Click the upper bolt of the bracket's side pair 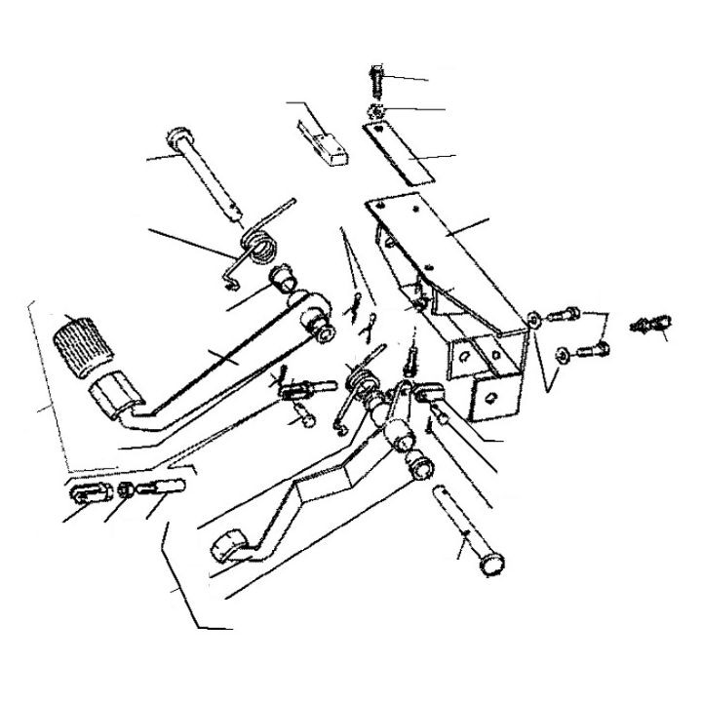click(x=563, y=315)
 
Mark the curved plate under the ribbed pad click(x=115, y=394)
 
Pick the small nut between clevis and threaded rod click(x=127, y=488)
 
